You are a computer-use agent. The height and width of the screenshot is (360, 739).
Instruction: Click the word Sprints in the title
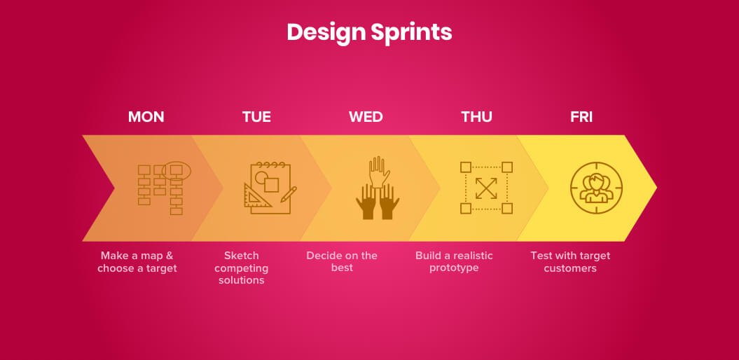(411, 33)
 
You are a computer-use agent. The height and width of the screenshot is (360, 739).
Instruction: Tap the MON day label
(146, 117)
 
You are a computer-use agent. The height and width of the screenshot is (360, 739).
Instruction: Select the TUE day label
(256, 117)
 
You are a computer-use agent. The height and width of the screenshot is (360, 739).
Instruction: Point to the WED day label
(366, 117)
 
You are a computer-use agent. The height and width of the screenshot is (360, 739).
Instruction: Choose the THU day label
(476, 117)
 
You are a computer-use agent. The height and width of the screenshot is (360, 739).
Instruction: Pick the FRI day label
(581, 117)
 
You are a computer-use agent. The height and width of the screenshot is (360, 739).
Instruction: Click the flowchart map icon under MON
(164, 188)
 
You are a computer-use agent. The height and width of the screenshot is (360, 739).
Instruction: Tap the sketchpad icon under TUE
(270, 188)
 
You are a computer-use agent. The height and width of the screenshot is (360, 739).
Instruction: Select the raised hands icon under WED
(378, 188)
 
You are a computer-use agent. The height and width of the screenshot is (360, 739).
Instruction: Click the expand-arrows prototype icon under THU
(486, 188)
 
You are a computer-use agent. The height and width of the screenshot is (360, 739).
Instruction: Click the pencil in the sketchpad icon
(289, 194)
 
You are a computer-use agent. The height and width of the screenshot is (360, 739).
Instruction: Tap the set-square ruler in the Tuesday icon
(257, 195)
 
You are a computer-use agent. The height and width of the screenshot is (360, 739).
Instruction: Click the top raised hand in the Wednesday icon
(380, 172)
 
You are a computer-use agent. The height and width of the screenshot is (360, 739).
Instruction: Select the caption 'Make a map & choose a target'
(137, 262)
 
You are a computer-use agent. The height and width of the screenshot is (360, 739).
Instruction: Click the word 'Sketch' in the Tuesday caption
(241, 256)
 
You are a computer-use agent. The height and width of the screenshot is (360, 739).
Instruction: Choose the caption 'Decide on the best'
(342, 261)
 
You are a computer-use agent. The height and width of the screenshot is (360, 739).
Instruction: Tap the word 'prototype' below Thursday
(454, 268)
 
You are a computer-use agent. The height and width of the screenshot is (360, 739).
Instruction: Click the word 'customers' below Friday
(570, 268)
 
